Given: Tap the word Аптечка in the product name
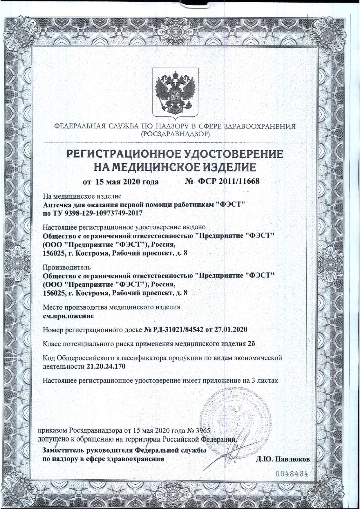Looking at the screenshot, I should [55, 205].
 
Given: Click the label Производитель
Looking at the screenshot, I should [63, 267].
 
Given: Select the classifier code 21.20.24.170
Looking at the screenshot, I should [106, 366].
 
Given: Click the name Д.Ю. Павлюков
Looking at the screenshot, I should [283, 459].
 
